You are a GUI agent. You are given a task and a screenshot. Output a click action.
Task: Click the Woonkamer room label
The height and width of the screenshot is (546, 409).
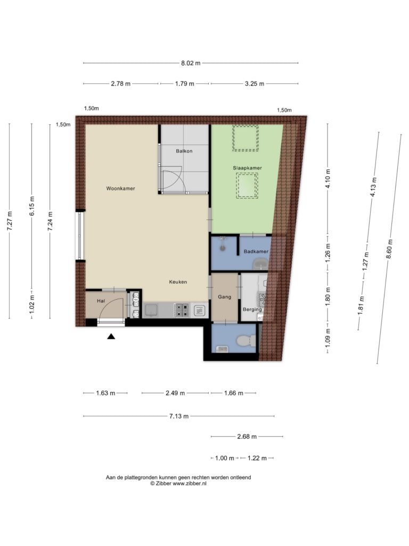click(x=120, y=188)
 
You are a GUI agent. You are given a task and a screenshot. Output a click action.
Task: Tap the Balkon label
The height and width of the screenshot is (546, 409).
click(x=184, y=151)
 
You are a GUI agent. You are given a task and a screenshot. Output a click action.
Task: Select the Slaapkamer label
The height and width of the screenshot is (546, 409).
click(x=247, y=168)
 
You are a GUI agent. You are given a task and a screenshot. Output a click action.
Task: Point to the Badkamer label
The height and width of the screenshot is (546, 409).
click(x=256, y=251)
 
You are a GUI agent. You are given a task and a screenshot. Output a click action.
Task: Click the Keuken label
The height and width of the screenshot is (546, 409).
click(x=178, y=282)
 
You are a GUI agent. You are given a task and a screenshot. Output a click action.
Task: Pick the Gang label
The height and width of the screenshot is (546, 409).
click(x=224, y=296)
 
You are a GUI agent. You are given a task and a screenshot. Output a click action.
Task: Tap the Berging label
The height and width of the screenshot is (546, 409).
click(x=252, y=309)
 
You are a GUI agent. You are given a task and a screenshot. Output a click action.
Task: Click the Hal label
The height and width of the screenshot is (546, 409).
click(x=101, y=301)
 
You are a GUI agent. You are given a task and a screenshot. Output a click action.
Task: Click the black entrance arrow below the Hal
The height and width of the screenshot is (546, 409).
click(x=111, y=336)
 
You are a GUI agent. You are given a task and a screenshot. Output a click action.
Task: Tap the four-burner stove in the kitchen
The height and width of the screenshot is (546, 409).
click(x=182, y=310)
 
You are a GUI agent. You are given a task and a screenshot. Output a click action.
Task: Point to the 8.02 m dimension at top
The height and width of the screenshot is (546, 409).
click(x=191, y=63)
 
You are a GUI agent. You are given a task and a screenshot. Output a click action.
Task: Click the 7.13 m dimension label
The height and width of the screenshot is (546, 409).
click(x=179, y=416)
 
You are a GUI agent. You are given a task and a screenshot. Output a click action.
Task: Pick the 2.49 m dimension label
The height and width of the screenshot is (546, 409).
click(x=175, y=393)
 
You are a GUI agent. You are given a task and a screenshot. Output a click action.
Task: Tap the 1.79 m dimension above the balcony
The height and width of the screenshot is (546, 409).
click(x=184, y=84)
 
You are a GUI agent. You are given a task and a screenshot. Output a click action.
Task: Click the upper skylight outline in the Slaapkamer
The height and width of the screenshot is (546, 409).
click(x=246, y=138)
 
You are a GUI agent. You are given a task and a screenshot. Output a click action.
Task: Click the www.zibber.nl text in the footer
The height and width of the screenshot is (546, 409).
click(x=190, y=483)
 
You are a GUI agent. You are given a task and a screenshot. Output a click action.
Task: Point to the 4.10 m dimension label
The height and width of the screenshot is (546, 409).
click(x=328, y=178)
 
